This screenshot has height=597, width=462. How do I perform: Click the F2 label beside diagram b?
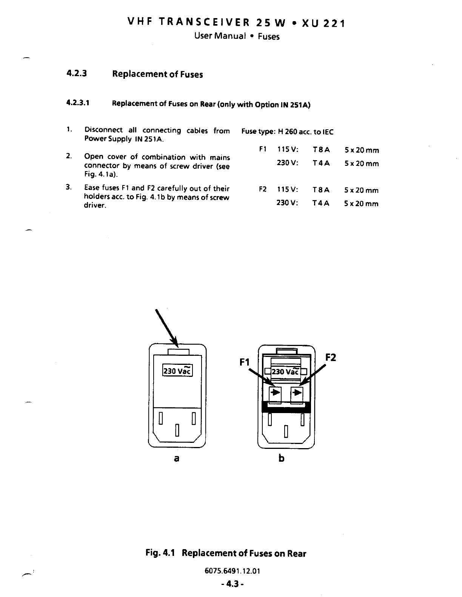coord(330,357)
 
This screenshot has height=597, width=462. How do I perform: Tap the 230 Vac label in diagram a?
coord(177,371)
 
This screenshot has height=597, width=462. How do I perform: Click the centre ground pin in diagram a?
coord(177,430)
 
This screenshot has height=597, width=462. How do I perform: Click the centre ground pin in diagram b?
coord(286,431)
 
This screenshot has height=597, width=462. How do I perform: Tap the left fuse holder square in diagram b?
coord(275,394)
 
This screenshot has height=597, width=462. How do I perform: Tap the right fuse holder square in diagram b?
coord(297,394)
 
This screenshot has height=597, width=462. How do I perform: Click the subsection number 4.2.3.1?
coord(78,103)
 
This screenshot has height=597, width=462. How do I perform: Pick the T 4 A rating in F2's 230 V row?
coord(321,204)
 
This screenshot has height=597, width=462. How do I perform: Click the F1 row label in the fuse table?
coord(263,150)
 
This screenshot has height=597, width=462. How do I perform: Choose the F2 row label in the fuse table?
coord(263,190)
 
